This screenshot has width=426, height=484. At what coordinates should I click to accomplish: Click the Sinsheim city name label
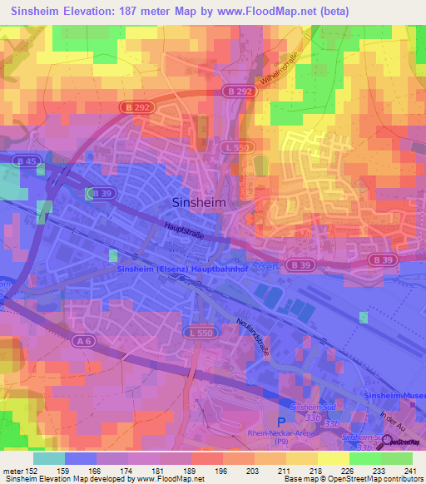pos(199,202)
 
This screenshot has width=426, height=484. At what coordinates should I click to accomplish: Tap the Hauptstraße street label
pos(184,226)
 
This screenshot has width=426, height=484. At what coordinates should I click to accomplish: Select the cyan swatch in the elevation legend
pos(48,458)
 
